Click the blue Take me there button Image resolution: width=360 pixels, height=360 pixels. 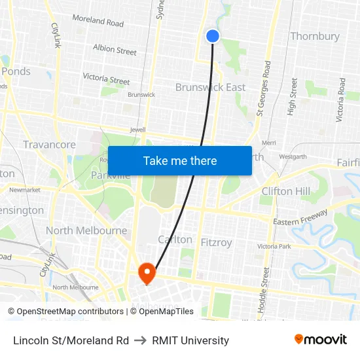pos(180,160)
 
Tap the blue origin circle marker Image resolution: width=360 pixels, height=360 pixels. pos(213,36)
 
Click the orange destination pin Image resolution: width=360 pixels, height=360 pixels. pos(147,273)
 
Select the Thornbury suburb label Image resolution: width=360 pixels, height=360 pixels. pos(315,36)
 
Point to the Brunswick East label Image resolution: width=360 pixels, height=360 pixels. pos(211,87)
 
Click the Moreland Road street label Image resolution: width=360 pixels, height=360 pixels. pos(98,21)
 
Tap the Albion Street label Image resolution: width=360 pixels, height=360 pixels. pos(115,50)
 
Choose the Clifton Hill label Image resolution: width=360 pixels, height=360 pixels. pos(285,191)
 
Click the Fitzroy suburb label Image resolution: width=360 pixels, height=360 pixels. pos(217,243)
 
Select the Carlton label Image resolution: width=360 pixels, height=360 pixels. pos(175,240)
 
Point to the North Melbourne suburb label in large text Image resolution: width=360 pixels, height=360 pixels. pos(86,230)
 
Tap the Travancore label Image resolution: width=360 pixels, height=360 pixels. pos(49,145)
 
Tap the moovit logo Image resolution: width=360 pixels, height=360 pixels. pos(321,340)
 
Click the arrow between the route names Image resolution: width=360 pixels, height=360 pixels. pos(140,340)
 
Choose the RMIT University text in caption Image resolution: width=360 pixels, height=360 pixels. pos(190,340)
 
